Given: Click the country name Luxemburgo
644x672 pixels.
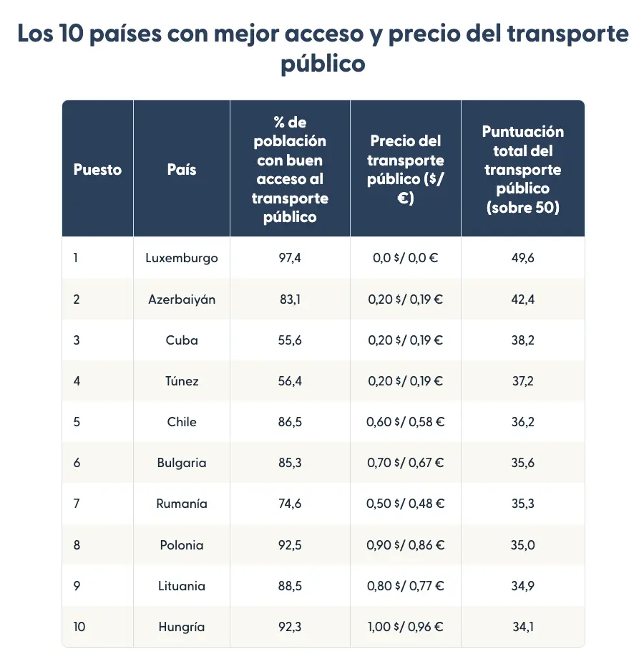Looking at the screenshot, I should pos(182,258).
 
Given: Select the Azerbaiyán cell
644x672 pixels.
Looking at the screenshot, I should pos(182,299).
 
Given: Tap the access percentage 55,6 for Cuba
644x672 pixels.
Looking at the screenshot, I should pos(290,340).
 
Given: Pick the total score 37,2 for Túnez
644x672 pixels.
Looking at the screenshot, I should pos(522,381).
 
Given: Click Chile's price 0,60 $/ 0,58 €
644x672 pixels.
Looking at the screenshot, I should pos(405,422).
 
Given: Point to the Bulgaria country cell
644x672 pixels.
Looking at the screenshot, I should pos(182,463).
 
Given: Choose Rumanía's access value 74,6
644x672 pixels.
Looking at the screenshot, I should pos(290,504).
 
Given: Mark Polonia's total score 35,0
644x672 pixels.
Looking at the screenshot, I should pos(522,545).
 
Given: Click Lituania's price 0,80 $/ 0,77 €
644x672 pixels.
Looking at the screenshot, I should pos(405,586).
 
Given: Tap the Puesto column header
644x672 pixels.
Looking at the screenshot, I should pos(97,170).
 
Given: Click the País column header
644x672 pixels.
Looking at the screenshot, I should pos(182,170).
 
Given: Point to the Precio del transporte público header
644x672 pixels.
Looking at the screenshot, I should pos(405,170).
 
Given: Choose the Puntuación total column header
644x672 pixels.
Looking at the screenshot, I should pos(522,170).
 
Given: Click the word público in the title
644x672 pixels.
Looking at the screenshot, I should pos(323,64).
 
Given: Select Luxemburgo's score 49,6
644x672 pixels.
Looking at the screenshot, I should pos(522,258).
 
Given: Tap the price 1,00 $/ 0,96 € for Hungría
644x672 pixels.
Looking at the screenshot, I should pos(405,627).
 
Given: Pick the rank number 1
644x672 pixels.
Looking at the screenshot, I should pos(76,258).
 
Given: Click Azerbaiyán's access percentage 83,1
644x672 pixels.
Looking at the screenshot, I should pos(290,299).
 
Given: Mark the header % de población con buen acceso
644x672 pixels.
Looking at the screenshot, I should pos(290,170).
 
